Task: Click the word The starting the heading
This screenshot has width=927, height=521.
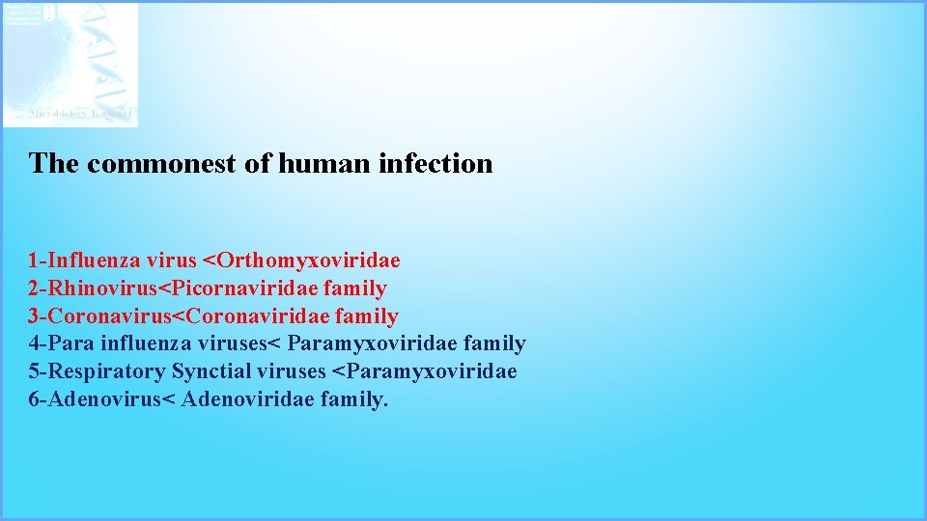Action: coord(54,164)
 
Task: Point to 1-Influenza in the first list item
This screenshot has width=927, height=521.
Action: coord(84,260)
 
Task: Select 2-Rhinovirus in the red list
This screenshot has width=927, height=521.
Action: coord(92,288)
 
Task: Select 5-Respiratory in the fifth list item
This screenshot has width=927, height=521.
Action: coord(97,371)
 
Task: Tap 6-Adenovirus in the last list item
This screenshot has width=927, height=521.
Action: coord(94,399)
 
